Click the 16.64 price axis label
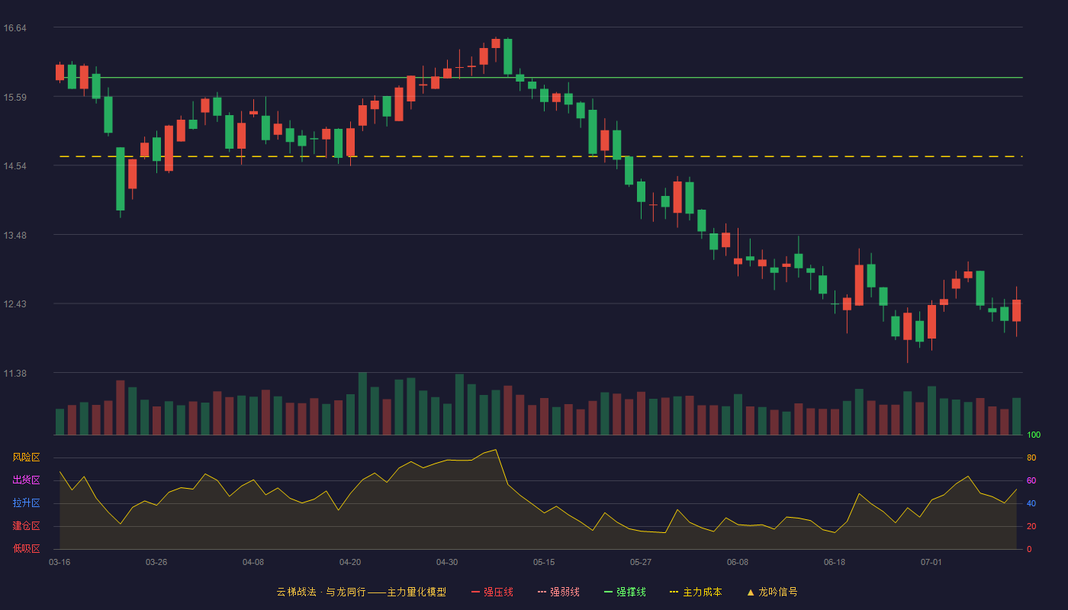coord(14,28)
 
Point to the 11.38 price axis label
coord(14,373)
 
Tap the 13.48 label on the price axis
coord(14,236)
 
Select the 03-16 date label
coord(60,563)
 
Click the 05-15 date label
coord(544,563)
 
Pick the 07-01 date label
coord(931,563)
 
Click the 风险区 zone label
coord(26,457)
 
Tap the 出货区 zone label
coord(26,480)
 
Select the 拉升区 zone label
coord(26,502)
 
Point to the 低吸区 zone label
coord(26,548)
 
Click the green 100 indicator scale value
coord(1034,435)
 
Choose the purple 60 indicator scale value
coord(1031,480)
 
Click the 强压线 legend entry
coord(492,592)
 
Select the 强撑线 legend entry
coord(625,592)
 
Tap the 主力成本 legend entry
coord(696,592)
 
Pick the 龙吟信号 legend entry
coord(772,592)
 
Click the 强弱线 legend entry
coord(558,592)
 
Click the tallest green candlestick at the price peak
coord(508,56)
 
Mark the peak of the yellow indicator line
coord(496,449)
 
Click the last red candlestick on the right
coord(1016,310)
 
